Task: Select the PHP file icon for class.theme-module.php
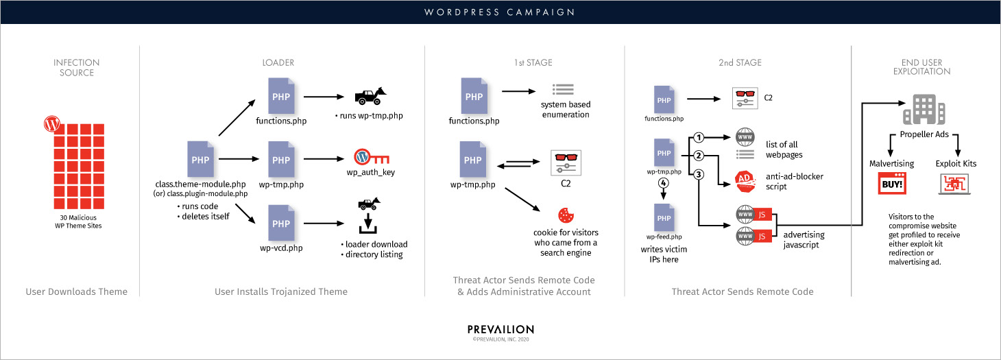click(x=200, y=159)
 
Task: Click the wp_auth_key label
click(x=375, y=172)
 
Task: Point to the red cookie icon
click(x=566, y=215)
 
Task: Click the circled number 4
click(x=663, y=184)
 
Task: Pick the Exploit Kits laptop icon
click(x=956, y=184)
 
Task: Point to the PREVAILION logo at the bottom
click(x=500, y=330)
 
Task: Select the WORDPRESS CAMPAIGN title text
click(x=500, y=12)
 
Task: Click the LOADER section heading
click(x=278, y=63)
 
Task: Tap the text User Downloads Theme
click(x=77, y=291)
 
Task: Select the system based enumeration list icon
click(x=564, y=89)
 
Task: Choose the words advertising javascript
click(x=804, y=239)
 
